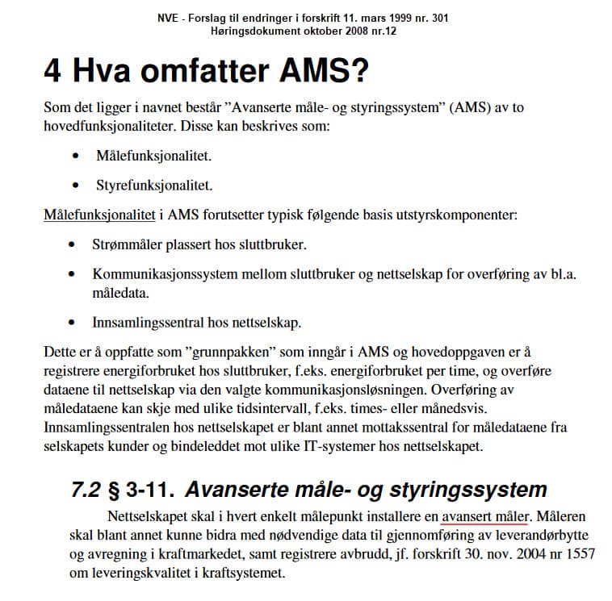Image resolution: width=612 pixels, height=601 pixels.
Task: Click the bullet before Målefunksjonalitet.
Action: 76,156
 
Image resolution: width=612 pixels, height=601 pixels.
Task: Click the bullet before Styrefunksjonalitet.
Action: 76,186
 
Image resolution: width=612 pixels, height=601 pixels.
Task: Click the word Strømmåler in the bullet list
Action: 126,244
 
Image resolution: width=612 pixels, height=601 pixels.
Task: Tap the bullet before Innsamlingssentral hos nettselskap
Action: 76,323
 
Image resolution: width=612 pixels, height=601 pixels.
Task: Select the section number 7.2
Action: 87,489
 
